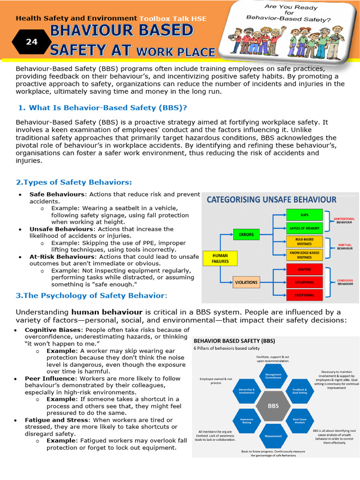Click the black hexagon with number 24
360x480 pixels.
tap(31, 42)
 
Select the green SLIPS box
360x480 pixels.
tap(305, 215)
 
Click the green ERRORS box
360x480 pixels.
tap(246, 234)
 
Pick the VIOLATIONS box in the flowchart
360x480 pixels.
tap(246, 282)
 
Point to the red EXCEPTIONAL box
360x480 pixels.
tap(305, 295)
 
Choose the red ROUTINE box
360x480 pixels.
tap(305, 270)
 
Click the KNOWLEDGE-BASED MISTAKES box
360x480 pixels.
tap(305, 255)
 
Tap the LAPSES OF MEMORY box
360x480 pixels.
tap(305, 228)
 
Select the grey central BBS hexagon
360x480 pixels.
tap(273, 406)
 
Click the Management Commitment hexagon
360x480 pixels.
tap(273, 376)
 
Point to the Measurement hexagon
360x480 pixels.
tap(273, 436)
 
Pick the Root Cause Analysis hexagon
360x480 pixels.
tap(300, 421)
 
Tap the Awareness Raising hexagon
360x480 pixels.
tap(247, 421)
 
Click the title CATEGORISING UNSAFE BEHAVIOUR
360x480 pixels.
tap(271, 200)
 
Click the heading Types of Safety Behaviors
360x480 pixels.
tap(74, 182)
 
